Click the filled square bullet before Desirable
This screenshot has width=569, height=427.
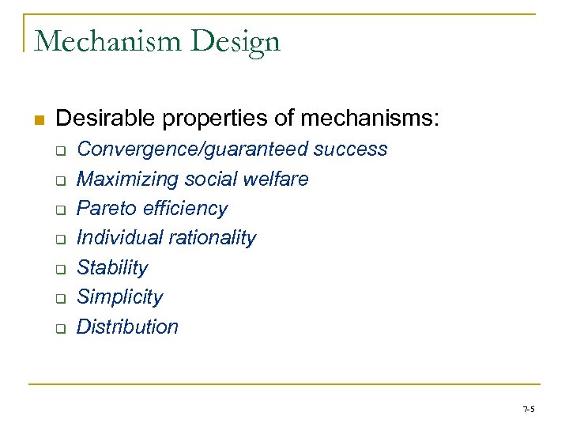click(x=37, y=121)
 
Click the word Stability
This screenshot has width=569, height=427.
click(x=111, y=268)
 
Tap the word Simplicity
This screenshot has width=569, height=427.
click(x=119, y=297)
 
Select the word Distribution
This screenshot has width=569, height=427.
click(x=127, y=327)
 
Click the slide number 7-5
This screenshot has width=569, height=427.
click(x=528, y=409)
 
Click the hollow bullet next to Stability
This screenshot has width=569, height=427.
click(x=59, y=270)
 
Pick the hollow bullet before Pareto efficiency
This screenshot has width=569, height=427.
click(x=59, y=210)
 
